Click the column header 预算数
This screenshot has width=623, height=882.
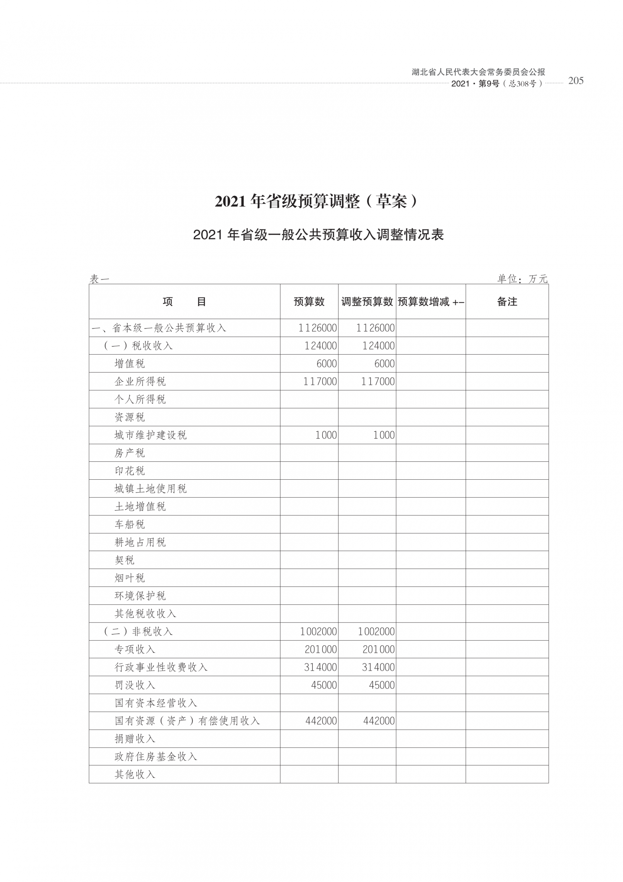(309, 302)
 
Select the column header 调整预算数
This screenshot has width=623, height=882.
(367, 302)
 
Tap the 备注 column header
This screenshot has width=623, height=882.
(507, 302)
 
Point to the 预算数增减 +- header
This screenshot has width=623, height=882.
(431, 302)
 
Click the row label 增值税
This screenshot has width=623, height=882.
(130, 363)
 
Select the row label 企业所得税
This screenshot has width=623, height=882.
(140, 382)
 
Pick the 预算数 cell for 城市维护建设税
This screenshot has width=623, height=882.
(326, 435)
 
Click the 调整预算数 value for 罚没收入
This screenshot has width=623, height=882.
(382, 685)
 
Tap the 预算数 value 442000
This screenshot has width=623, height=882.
(321, 721)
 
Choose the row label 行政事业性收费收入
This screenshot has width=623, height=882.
(161, 667)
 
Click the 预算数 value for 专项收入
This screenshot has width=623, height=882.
(321, 649)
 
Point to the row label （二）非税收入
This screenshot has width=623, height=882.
(138, 632)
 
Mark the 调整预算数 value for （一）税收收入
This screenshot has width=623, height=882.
(378, 346)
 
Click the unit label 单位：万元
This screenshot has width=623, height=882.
(522, 279)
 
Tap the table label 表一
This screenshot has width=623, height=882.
(99, 279)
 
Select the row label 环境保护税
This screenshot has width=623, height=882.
(140, 596)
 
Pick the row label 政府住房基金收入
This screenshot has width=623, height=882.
(156, 756)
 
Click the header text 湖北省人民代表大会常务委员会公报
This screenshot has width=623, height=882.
(478, 72)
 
